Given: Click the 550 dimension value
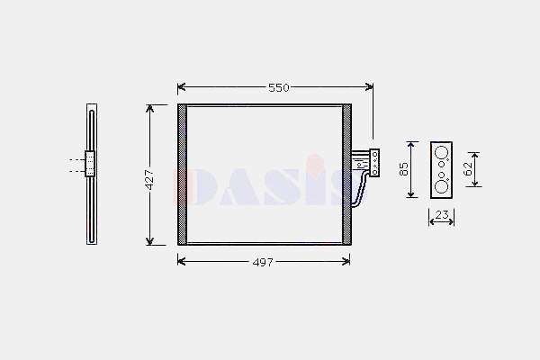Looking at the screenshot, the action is coord(279,88).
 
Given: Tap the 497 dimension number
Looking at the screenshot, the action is coord(263,263).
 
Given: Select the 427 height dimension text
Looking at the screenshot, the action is coord(149,179).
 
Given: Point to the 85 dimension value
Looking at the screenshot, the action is coord(403,169).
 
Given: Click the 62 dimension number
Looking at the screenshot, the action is coord(468,169).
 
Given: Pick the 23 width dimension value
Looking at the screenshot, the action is coord(442,215).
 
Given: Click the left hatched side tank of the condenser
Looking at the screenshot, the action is coord(182,175).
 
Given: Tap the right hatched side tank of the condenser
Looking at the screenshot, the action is coord(346,175).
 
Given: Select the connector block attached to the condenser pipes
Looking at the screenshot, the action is coord(374,163).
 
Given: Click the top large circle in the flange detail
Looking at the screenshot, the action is coord(441,152).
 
